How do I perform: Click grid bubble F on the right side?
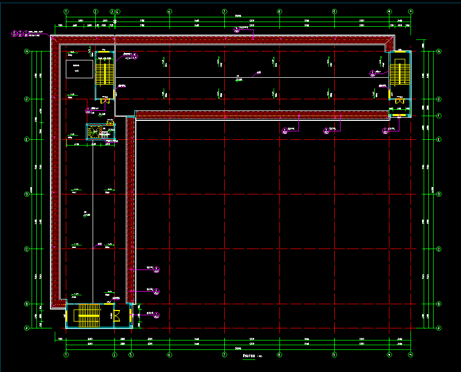point(439,116)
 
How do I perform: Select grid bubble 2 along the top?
point(96,11)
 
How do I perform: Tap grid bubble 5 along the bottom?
point(131,355)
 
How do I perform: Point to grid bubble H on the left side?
point(26,51)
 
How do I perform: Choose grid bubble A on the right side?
point(439,327)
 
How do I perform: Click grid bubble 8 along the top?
point(279,11)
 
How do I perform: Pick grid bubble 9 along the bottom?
point(334,355)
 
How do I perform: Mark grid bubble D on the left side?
point(26,194)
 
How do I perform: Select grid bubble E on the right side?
point(439,139)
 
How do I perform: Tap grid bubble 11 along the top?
point(411,11)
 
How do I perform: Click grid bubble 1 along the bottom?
point(66,355)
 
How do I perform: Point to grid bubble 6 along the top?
point(169,11)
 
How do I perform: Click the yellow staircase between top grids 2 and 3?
point(104,73)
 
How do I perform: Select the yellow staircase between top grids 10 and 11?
point(400,73)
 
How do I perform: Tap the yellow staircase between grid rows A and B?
point(88,316)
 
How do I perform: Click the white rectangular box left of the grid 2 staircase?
point(76,69)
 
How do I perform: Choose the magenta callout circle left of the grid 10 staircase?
point(373,73)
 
